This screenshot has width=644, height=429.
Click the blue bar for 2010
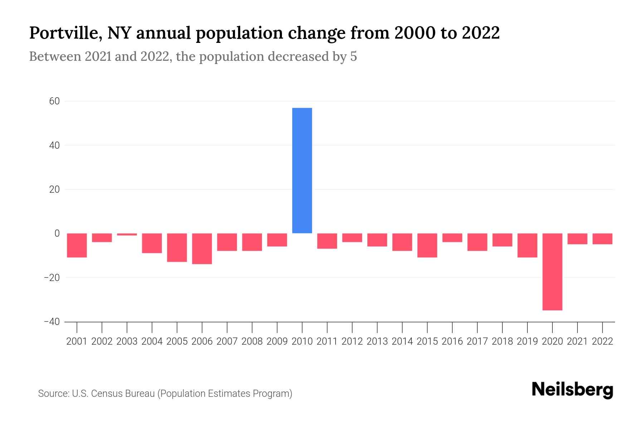[302, 171]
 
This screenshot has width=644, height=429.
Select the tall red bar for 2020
[552, 272]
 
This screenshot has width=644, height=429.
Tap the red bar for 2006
[202, 249]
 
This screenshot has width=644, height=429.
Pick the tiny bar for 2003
[127, 235]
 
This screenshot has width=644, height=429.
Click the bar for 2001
[77, 245]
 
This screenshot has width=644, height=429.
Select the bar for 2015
[427, 245]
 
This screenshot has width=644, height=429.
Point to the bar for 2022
[602, 239]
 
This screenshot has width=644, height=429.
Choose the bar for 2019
[527, 245]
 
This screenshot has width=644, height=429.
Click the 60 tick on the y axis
[54, 101]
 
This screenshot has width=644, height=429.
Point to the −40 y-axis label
[52, 322]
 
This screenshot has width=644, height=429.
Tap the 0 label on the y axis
[57, 233]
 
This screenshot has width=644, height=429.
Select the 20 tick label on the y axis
[54, 189]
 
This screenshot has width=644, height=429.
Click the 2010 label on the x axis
[302, 341]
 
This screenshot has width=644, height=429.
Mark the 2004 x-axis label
[152, 341]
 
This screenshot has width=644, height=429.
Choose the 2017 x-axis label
[477, 341]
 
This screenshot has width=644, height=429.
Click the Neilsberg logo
[572, 390]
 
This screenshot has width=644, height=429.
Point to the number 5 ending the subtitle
[353, 56]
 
